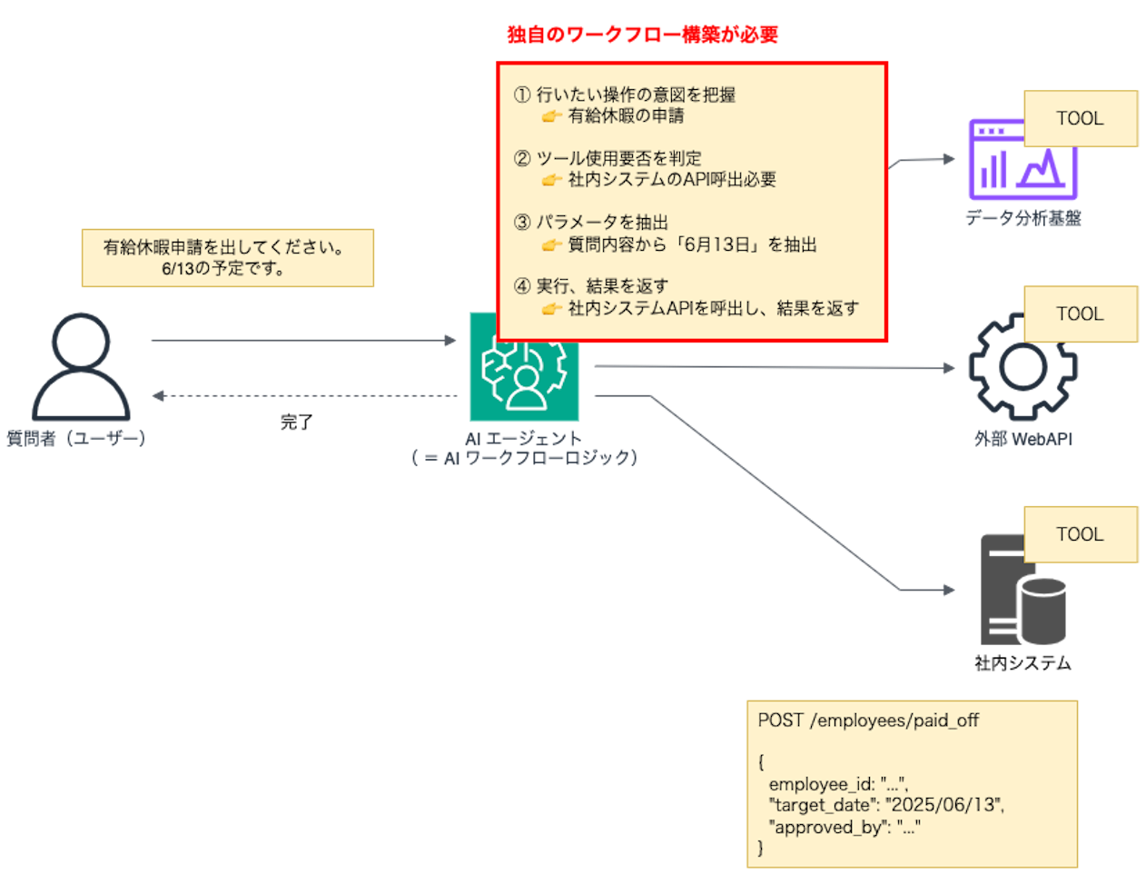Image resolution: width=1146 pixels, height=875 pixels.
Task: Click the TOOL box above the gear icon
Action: pyautogui.click(x=1080, y=314)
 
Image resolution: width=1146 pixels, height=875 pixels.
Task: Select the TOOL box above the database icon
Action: pyautogui.click(x=1080, y=534)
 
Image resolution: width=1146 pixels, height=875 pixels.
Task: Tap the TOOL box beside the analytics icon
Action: pyautogui.click(x=1080, y=119)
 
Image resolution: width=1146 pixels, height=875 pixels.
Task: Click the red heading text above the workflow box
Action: pyautogui.click(x=642, y=35)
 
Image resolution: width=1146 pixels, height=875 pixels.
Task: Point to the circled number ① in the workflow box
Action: pyautogui.click(x=522, y=94)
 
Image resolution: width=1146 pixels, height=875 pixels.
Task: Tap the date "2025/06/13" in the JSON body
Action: pyautogui.click(x=943, y=805)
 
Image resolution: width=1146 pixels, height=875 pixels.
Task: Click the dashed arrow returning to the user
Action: pyautogui.click(x=304, y=395)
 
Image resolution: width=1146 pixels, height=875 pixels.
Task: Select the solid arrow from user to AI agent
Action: pyautogui.click(x=304, y=340)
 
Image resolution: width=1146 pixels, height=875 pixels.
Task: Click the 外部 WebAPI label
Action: pyautogui.click(x=1023, y=439)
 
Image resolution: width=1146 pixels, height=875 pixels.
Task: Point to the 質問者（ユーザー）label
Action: pyautogui.click(x=76, y=439)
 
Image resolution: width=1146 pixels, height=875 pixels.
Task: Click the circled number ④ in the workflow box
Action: pyautogui.click(x=522, y=286)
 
